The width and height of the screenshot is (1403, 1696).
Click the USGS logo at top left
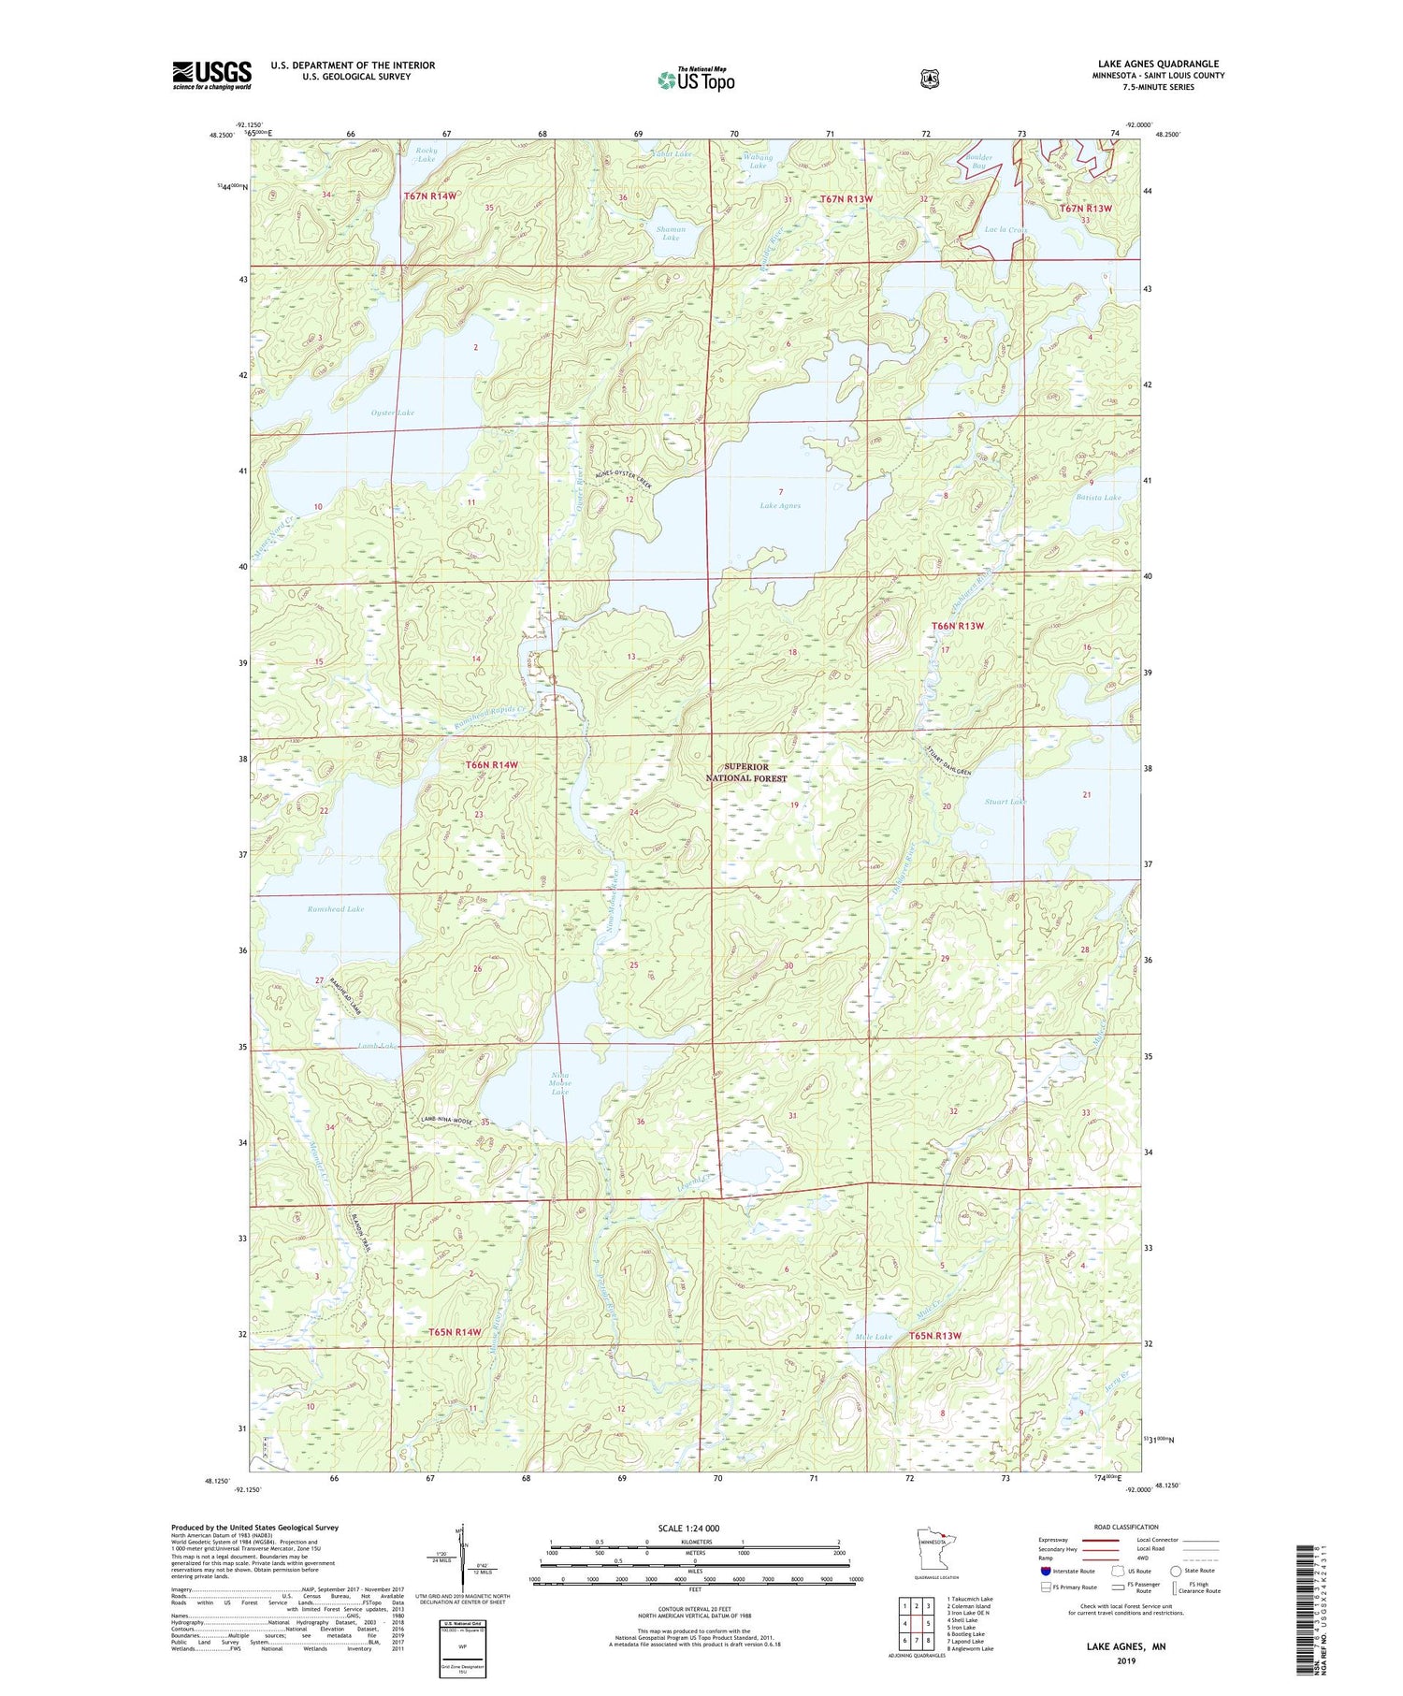click(211, 75)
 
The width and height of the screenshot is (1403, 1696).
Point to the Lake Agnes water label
click(779, 505)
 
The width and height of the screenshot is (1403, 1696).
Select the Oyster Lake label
click(393, 413)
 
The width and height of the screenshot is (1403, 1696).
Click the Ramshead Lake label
click(335, 908)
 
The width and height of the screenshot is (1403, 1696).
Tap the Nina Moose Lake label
click(559, 1083)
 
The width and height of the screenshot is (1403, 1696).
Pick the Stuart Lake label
click(1005, 802)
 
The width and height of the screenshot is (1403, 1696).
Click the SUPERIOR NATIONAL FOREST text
click(745, 772)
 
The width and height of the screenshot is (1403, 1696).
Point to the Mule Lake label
click(874, 1337)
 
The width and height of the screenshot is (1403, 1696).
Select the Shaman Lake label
click(671, 233)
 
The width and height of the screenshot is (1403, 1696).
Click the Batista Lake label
click(1098, 498)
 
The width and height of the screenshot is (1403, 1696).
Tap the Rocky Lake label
click(426, 154)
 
